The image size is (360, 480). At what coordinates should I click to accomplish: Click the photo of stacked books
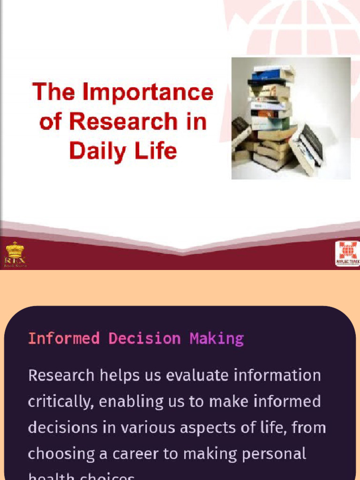tap(291, 118)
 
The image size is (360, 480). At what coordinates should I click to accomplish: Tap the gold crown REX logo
tap(15, 254)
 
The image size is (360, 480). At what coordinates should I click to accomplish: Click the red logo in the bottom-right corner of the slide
tap(347, 254)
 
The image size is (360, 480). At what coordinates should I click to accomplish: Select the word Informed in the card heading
tap(64, 338)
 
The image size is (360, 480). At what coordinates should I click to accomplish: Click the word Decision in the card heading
tap(144, 338)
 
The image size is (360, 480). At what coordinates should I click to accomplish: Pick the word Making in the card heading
tap(217, 338)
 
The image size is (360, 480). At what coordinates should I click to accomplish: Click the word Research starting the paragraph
tap(60, 375)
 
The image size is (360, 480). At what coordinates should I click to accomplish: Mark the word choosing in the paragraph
tap(55, 454)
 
